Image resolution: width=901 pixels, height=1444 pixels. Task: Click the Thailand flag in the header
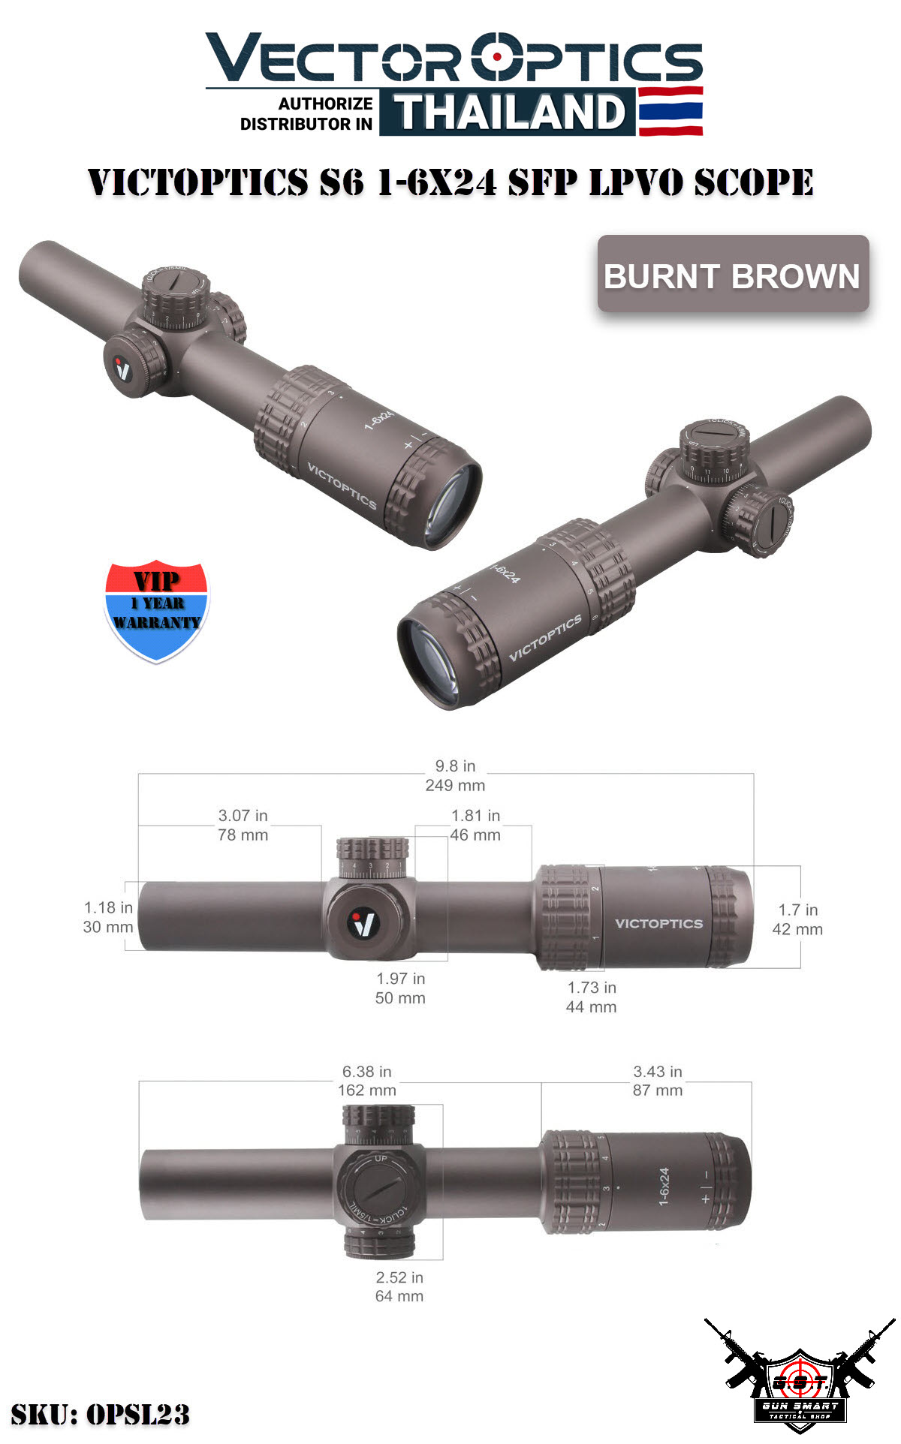[x=670, y=111]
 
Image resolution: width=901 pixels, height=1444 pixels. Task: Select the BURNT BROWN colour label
[x=732, y=275]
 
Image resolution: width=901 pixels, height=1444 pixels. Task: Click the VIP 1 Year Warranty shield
[x=156, y=609]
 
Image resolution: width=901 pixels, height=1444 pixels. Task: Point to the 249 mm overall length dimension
[x=455, y=785]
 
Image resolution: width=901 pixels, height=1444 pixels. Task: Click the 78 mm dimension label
[x=243, y=835]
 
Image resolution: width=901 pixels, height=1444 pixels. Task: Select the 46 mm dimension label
[x=475, y=835]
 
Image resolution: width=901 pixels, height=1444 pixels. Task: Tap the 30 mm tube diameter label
[x=108, y=927]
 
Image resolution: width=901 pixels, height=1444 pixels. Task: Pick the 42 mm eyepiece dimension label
[x=797, y=929]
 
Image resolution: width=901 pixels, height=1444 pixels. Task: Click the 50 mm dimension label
[x=400, y=997]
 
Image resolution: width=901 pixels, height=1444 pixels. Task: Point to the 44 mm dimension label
[x=591, y=1006]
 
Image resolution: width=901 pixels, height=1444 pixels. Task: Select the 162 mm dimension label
[x=366, y=1090]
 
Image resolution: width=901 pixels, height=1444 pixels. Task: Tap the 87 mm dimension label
[x=658, y=1090]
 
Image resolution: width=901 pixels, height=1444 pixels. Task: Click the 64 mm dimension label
[x=399, y=1296]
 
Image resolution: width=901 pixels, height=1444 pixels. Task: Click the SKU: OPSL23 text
[x=100, y=1414]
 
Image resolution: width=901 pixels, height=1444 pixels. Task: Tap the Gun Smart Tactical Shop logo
[x=800, y=1381]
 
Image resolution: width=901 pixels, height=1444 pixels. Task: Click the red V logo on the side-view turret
[x=364, y=922]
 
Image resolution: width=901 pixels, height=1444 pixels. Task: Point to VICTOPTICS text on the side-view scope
[x=658, y=923]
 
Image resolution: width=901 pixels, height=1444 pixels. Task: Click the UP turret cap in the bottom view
[x=379, y=1187]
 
